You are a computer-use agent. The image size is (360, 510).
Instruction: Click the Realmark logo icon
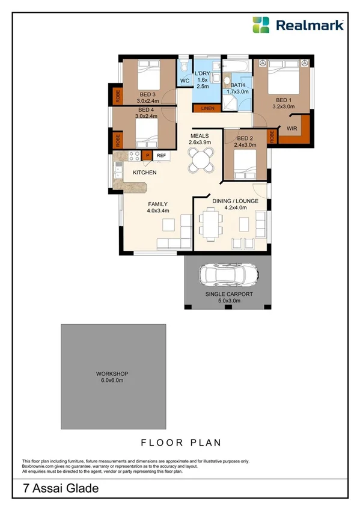click(x=261, y=25)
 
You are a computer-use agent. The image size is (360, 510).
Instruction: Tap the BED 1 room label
click(x=284, y=100)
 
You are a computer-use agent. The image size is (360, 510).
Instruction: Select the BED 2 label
click(x=236, y=138)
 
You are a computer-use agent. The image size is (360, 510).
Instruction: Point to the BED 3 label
click(x=147, y=94)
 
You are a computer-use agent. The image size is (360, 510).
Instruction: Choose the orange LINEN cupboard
click(x=207, y=108)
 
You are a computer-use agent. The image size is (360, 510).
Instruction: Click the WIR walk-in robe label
click(x=293, y=128)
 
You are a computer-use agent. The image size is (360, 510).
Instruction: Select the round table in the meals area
click(x=200, y=159)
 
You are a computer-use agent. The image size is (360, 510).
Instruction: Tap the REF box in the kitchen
click(x=161, y=156)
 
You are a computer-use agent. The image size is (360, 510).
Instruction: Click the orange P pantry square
click(x=147, y=156)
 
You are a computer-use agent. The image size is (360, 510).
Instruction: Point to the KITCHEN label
click(x=145, y=173)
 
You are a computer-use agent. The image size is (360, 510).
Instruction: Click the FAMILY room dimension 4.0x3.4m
click(x=159, y=210)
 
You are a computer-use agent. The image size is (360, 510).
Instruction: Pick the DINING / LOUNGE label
click(x=235, y=201)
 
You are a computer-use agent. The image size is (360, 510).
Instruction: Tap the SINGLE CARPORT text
click(x=229, y=294)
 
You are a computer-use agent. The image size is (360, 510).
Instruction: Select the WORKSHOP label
click(x=112, y=373)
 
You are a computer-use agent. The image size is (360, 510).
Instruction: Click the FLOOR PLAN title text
click(x=181, y=443)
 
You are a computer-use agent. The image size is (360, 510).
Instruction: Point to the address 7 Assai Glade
click(x=53, y=489)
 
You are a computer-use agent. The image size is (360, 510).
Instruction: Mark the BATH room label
click(x=238, y=85)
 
